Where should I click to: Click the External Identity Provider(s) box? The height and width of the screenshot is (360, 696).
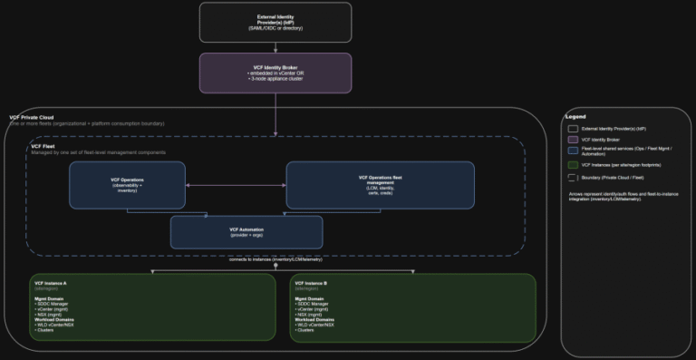(275, 22)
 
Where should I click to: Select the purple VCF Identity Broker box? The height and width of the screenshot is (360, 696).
(275, 73)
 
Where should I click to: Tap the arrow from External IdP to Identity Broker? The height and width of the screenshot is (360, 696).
(275, 47)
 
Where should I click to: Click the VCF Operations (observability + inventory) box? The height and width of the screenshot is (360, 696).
(127, 185)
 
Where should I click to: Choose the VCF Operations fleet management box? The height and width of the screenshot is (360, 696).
(380, 185)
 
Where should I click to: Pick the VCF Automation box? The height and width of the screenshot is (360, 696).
(246, 232)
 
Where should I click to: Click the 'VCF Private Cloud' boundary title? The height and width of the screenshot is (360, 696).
(29, 118)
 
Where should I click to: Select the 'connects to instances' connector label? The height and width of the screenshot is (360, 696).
(276, 260)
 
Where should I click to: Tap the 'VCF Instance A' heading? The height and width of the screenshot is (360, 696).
(52, 283)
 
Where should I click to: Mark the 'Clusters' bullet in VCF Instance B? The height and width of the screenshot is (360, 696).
(305, 330)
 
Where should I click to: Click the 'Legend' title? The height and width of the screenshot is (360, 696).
(575, 117)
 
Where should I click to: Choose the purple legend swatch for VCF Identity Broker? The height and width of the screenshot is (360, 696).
(573, 140)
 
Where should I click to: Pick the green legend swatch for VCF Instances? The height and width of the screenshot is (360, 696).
(573, 164)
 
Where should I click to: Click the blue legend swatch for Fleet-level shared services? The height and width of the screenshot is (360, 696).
(573, 151)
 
